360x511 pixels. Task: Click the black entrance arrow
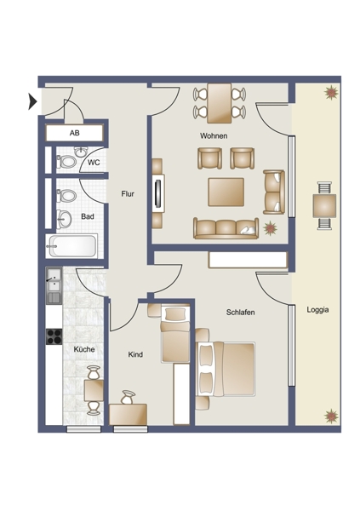click(x=32, y=101)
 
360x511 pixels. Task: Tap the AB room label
click(x=75, y=133)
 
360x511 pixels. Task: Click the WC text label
click(x=94, y=163)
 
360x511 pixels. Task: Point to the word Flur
click(x=128, y=194)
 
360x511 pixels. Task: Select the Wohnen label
click(x=214, y=135)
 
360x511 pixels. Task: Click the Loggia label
click(x=317, y=310)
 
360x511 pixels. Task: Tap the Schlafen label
click(x=241, y=313)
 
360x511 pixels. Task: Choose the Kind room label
click(x=135, y=354)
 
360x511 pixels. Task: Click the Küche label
click(x=84, y=349)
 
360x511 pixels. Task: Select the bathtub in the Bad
click(x=72, y=246)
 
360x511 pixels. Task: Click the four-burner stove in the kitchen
click(x=54, y=336)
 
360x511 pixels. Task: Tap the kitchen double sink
click(x=54, y=286)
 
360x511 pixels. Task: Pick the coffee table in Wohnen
click(x=226, y=192)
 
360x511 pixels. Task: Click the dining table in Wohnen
click(x=220, y=103)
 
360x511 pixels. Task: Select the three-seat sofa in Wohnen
click(x=226, y=228)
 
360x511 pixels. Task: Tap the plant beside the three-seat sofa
click(x=270, y=227)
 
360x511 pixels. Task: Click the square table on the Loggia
click(x=324, y=205)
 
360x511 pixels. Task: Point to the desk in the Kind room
click(x=128, y=414)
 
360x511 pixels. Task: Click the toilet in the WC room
click(x=66, y=161)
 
